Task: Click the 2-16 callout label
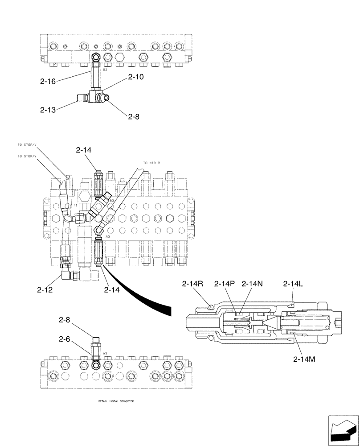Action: (x=48, y=81)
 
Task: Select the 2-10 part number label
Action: (x=136, y=77)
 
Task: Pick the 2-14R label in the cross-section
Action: (x=193, y=284)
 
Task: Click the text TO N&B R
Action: (x=151, y=163)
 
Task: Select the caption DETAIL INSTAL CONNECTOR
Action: (x=116, y=401)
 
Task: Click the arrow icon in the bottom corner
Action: (x=343, y=430)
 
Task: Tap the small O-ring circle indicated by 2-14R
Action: (x=210, y=306)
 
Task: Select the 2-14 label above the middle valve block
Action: (x=83, y=151)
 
